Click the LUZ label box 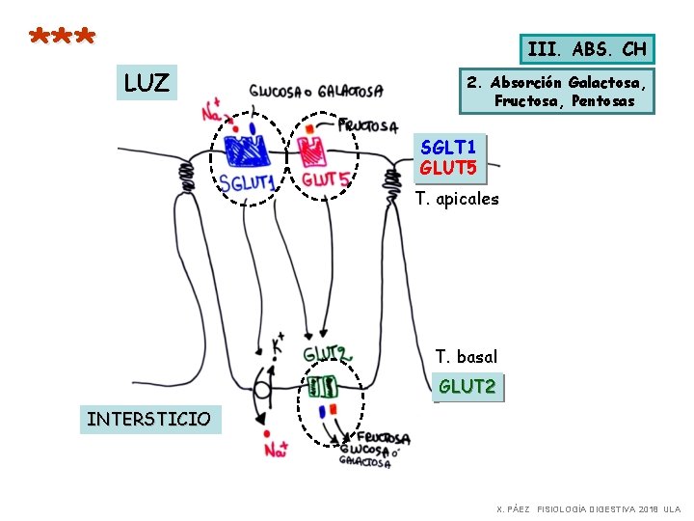pyautogui.click(x=147, y=82)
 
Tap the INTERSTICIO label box pyautogui.click(x=150, y=419)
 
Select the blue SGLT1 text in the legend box pyautogui.click(x=448, y=147)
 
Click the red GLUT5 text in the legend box pyautogui.click(x=448, y=168)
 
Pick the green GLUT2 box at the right pyautogui.click(x=467, y=387)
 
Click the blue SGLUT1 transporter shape pyautogui.click(x=246, y=151)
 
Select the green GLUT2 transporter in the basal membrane pyautogui.click(x=322, y=387)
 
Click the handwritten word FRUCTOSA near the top pyautogui.click(x=368, y=125)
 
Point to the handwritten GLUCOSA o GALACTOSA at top pyautogui.click(x=316, y=92)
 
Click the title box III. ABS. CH pyautogui.click(x=587, y=49)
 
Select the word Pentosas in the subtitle pyautogui.click(x=602, y=101)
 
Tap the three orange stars pyautogui.click(x=62, y=36)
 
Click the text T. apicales pyautogui.click(x=457, y=199)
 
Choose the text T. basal pyautogui.click(x=467, y=356)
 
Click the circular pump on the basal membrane pyautogui.click(x=261, y=391)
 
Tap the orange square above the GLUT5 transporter pyautogui.click(x=309, y=129)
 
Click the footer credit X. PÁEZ pyautogui.click(x=513, y=509)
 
